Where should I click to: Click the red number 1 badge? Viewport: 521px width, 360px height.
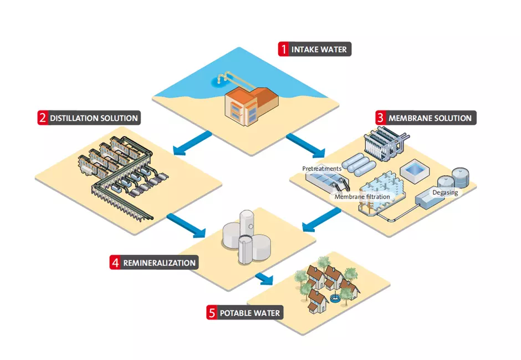pyautogui.click(x=284, y=49)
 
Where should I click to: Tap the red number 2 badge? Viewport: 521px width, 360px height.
pyautogui.click(x=42, y=118)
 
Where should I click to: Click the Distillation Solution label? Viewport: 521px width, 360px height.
pyautogui.click(x=93, y=118)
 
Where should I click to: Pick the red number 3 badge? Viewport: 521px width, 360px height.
pyautogui.click(x=380, y=118)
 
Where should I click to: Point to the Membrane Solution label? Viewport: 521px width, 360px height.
pyautogui.click(x=430, y=118)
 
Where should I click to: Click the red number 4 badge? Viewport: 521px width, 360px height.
pyautogui.click(x=115, y=262)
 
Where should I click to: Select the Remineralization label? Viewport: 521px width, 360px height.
pyautogui.click(x=160, y=262)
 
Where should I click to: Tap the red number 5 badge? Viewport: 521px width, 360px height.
pyautogui.click(x=212, y=313)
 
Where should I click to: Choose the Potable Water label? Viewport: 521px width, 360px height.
pyautogui.click(x=249, y=313)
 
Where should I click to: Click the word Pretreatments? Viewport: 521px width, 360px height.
pyautogui.click(x=321, y=168)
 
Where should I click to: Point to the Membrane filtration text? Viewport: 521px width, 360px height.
pyautogui.click(x=362, y=196)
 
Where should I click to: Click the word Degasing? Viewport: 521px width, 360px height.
pyautogui.click(x=445, y=192)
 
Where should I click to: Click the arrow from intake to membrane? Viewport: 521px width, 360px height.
pyautogui.click(x=306, y=144)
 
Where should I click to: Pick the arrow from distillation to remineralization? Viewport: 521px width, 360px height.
pyautogui.click(x=186, y=222)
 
